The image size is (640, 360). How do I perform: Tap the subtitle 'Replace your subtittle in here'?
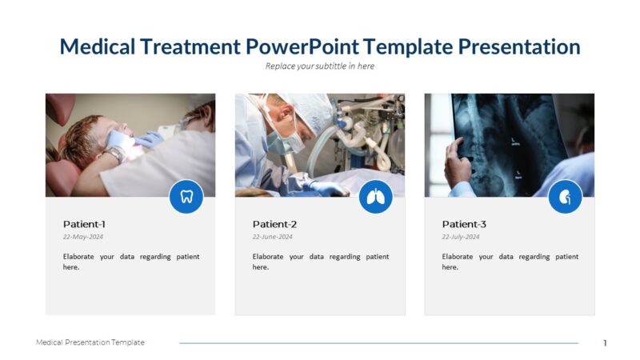click(x=320, y=66)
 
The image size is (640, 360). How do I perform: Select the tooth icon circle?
click(x=186, y=197)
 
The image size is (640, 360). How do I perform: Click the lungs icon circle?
click(x=376, y=197)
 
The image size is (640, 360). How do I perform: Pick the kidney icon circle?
click(x=565, y=197)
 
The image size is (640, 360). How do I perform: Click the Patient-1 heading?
click(x=84, y=224)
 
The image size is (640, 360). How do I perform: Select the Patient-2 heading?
click(x=274, y=224)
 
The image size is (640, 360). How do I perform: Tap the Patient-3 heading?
click(x=464, y=224)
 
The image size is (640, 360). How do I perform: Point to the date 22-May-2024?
click(x=83, y=237)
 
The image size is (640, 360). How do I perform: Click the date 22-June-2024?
click(x=273, y=237)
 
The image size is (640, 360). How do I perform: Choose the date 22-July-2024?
click(x=461, y=237)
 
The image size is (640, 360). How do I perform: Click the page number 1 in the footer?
click(x=605, y=343)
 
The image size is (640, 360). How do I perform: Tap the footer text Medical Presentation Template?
click(x=90, y=342)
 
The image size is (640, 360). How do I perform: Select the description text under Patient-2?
click(x=321, y=262)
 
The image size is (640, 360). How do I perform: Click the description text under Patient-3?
click(x=510, y=262)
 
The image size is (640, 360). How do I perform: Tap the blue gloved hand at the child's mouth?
click(x=148, y=139)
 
